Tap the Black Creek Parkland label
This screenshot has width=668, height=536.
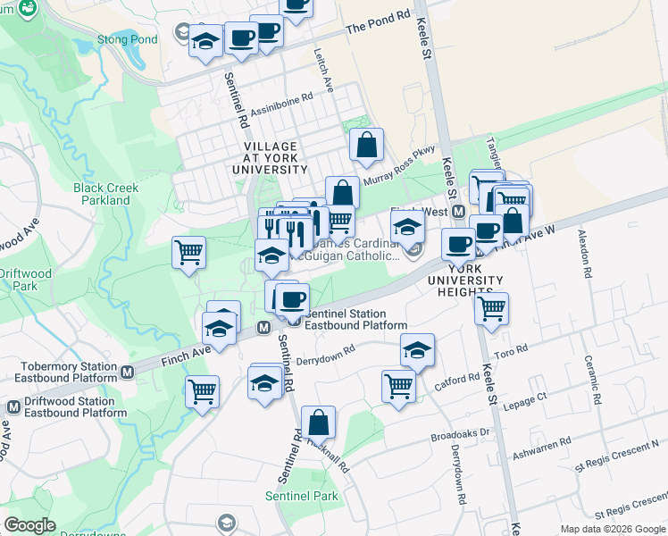tap(102, 194)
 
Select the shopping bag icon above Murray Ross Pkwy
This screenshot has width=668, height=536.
tap(366, 145)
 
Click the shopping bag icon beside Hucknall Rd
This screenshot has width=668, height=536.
tap(318, 423)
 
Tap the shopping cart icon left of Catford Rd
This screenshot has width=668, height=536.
tap(398, 387)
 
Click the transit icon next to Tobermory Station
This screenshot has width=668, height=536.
tap(129, 372)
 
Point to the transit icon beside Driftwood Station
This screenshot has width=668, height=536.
tap(13, 407)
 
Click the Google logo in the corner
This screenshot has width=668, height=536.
tap(31, 524)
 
